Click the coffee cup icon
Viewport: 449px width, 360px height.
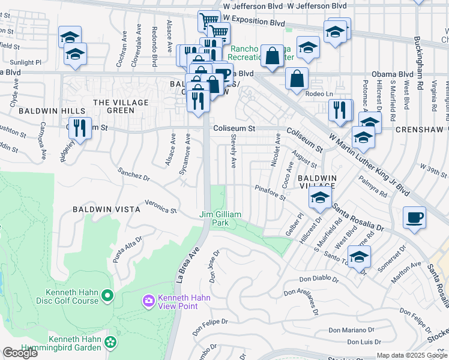[x=414, y=218]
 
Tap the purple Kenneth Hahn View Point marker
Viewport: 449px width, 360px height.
[x=148, y=299]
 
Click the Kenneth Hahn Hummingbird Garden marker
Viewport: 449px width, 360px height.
[x=110, y=341]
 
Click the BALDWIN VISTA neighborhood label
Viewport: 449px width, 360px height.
[x=106, y=209]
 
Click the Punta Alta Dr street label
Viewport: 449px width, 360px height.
[x=128, y=249]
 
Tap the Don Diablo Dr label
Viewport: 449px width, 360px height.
[x=319, y=280]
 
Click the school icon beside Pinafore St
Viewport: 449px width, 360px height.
[x=320, y=198]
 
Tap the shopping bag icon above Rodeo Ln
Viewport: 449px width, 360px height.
[x=297, y=79]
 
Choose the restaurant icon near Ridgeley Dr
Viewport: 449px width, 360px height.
[x=79, y=127]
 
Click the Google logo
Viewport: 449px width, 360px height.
[x=20, y=353]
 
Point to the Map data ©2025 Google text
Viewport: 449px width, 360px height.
[x=412, y=355]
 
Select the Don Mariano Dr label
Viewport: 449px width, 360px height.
[x=351, y=329]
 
